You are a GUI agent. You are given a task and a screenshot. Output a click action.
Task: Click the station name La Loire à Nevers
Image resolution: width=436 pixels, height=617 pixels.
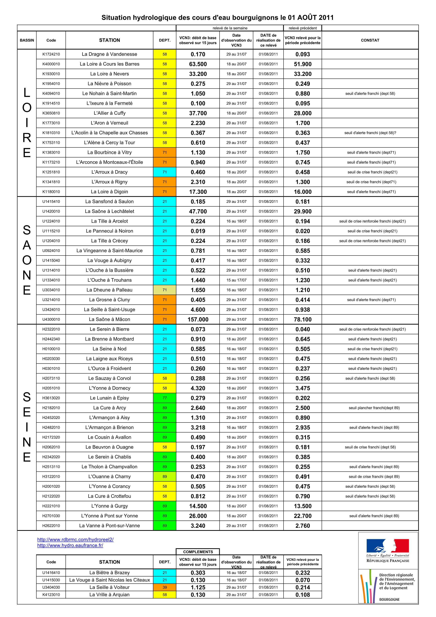click(x=109, y=74)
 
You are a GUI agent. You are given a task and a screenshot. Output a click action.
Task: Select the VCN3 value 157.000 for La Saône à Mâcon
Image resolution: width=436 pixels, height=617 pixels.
click(x=198, y=320)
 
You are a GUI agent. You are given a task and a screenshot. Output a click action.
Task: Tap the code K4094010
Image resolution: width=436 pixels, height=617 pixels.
click(x=51, y=93)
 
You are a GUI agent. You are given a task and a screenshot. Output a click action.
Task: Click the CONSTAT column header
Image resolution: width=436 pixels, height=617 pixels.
click(x=370, y=40)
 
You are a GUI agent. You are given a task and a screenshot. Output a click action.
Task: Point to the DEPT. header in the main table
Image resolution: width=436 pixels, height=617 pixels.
click(x=165, y=40)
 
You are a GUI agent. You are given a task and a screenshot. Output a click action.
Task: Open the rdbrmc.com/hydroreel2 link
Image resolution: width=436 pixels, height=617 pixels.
click(x=75, y=539)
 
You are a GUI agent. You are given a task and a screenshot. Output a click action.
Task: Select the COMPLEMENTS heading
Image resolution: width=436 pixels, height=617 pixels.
click(x=198, y=552)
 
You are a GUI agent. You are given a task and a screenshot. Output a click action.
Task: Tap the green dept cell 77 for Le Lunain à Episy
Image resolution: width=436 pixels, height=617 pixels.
click(x=165, y=398)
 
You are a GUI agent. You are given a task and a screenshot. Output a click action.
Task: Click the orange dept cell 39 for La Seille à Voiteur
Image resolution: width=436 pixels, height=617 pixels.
click(x=165, y=588)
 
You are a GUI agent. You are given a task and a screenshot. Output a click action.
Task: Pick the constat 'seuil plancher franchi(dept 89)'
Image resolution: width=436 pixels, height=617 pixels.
click(x=374, y=408)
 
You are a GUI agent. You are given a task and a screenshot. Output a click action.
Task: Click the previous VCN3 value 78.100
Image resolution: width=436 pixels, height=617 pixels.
click(x=303, y=320)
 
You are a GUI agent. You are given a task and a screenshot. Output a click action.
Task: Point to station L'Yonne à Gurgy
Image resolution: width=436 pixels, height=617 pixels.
click(x=109, y=506)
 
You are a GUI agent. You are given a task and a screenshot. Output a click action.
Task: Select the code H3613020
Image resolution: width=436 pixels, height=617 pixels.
click(x=51, y=398)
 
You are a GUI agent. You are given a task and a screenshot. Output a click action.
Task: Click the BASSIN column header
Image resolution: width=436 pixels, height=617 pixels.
click(x=27, y=40)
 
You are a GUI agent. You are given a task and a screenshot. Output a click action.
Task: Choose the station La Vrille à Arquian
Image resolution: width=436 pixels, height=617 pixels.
click(x=109, y=595)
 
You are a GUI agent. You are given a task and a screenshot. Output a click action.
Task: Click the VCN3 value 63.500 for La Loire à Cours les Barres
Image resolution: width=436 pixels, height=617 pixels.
click(x=198, y=64)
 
